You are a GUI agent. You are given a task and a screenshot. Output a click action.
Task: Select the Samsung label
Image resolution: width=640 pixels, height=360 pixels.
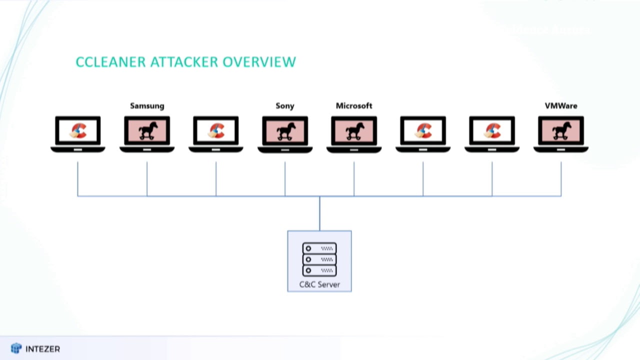coord(147,106)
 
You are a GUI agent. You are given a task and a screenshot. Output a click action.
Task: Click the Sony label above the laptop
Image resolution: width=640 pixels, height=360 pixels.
coord(285,106)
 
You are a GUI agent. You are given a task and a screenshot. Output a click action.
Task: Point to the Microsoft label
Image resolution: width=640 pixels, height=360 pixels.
coord(354,106)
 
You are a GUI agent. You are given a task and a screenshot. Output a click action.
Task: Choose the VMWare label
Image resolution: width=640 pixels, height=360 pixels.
coord(561,106)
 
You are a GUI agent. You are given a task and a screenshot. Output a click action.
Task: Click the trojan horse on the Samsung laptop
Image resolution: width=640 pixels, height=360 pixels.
coord(147,131)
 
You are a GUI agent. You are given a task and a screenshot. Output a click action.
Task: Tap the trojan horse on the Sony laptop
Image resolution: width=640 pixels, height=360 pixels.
coord(285,131)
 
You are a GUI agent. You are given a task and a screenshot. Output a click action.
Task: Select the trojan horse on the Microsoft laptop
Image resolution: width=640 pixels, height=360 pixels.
coord(354,131)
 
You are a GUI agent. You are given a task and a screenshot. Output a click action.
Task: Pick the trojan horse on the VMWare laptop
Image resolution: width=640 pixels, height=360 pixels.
coord(561,131)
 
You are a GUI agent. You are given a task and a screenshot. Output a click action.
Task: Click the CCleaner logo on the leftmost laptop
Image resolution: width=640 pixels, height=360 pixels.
coord(78,131)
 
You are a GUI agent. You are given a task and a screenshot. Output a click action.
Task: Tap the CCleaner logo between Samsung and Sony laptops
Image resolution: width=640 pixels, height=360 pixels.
coord(216,131)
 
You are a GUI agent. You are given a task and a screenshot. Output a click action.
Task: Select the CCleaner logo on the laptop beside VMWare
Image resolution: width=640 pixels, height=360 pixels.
coord(492,131)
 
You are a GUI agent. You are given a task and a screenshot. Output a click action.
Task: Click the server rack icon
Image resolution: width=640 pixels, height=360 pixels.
coord(319,259)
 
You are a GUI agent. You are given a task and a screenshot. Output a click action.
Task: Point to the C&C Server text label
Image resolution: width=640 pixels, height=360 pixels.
coord(319,284)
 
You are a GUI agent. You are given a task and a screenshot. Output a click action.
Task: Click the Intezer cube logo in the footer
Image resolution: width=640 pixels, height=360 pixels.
coord(16,348)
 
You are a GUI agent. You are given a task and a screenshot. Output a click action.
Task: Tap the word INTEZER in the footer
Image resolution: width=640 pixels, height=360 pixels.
coord(42,349)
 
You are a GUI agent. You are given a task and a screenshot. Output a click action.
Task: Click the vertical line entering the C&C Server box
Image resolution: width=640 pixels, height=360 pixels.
coord(319,213)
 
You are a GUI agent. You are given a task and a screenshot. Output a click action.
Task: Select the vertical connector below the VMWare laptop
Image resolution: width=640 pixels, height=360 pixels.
coord(561,178)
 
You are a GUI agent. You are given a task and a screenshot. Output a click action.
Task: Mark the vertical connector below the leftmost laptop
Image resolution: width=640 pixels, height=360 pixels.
coord(77,178)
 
